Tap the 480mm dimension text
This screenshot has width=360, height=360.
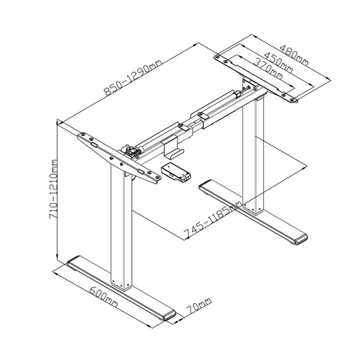pyautogui.click(x=294, y=51)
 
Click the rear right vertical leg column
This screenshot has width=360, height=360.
pyautogui.click(x=256, y=160)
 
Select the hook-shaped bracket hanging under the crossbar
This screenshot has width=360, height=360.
pyautogui.click(x=170, y=144)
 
